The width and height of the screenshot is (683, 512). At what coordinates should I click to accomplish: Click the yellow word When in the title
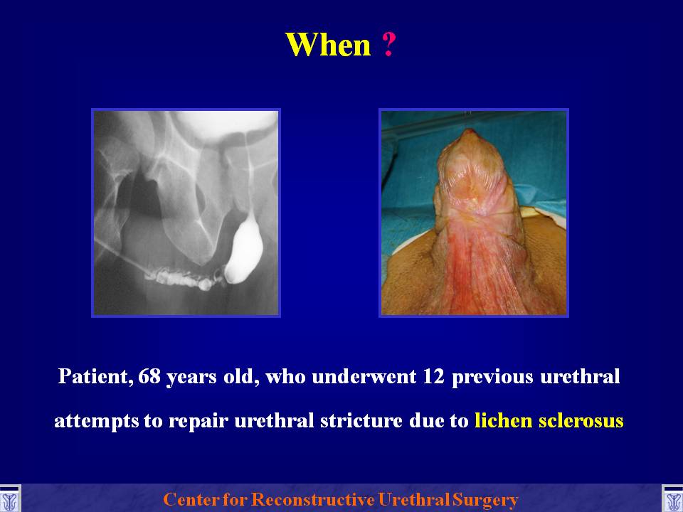(327, 44)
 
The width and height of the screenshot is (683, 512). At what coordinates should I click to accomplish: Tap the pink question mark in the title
(389, 44)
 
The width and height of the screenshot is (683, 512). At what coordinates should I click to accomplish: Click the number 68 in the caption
(148, 376)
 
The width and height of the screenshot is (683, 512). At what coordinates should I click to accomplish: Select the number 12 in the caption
(433, 376)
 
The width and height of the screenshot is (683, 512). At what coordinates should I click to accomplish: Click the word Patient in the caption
(95, 377)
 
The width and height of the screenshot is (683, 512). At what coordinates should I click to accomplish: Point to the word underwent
(364, 376)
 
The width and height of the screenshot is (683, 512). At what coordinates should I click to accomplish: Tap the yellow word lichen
(503, 420)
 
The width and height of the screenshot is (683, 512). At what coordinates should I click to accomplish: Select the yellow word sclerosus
(581, 420)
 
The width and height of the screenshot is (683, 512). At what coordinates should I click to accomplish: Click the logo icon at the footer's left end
(9, 499)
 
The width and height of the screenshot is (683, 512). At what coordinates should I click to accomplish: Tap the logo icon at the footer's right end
(672, 499)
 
